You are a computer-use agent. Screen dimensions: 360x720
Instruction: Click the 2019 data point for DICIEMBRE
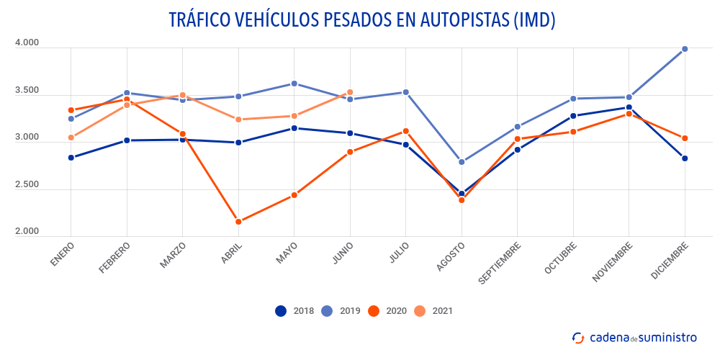pos(685,49)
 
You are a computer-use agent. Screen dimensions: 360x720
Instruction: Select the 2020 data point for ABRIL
pos(238,222)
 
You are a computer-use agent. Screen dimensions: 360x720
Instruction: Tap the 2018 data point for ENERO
pos(71,158)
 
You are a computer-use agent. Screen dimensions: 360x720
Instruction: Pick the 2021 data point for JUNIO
pos(350,92)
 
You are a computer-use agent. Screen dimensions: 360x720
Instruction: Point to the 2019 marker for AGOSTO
pos(462,162)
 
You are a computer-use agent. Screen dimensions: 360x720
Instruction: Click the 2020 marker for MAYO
pos(294,195)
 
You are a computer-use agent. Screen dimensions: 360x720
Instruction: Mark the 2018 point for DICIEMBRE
pos(685,158)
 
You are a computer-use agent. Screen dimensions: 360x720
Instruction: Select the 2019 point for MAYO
pos(294,84)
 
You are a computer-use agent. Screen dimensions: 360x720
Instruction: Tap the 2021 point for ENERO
pos(71,138)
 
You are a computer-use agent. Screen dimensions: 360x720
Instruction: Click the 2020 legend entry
pos(387,311)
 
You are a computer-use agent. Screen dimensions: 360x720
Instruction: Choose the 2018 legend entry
pos(295,311)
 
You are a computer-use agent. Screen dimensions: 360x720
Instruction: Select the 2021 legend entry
pos(433,311)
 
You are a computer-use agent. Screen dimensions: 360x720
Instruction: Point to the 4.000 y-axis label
pos(27,43)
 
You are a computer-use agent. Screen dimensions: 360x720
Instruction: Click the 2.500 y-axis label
pos(27,185)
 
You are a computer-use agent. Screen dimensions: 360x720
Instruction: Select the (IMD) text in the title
pos(534,19)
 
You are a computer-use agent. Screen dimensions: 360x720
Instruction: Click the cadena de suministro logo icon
pos(577,337)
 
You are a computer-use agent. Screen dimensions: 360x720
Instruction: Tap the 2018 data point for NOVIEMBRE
pos(629,107)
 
